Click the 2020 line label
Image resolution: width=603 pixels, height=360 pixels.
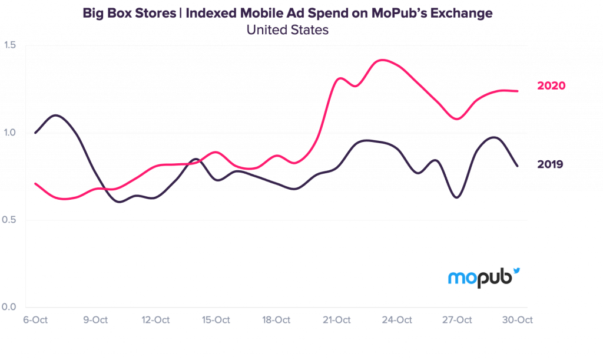coord(551,86)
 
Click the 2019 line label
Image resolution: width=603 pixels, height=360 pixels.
coord(550,164)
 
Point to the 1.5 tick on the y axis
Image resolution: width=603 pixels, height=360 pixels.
coord(10,46)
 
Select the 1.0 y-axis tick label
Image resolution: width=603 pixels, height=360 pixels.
coord(10,133)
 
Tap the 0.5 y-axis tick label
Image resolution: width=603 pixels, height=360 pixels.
coord(10,220)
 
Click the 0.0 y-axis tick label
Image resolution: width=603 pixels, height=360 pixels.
coord(10,307)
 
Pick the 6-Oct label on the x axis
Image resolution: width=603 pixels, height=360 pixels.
coord(35,321)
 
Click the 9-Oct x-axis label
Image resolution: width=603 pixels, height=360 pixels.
coord(95,321)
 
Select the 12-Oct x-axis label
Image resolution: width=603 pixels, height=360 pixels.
coord(155,321)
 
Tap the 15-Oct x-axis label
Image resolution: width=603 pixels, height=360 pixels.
coord(216,321)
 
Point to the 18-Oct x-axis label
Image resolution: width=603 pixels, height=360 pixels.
coord(276,321)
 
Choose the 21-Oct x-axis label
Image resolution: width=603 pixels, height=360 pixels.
coord(336,321)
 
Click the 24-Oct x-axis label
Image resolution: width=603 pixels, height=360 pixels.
coord(397,321)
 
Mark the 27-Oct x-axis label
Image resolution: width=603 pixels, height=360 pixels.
coord(457,321)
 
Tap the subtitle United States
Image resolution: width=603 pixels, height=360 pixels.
coord(287,30)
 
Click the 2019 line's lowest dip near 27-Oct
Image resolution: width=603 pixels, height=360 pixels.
coord(457,198)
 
